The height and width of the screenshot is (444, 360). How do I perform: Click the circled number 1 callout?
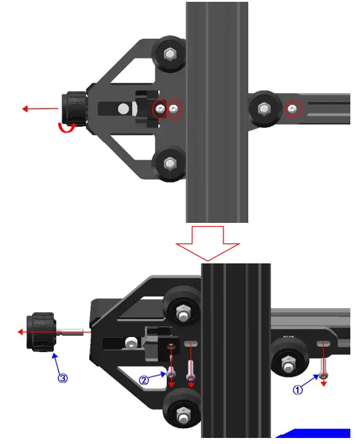click(x=297, y=390)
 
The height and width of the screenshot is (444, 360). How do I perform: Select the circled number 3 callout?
click(x=62, y=378)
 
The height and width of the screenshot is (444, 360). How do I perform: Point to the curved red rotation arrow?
click(x=66, y=126)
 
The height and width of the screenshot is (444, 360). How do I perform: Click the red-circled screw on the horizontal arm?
click(x=293, y=109)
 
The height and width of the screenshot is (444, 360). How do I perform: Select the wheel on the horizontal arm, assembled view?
click(x=264, y=109)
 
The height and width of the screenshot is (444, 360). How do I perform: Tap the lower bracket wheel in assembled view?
click(x=169, y=163)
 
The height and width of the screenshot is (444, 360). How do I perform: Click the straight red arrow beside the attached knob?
click(x=40, y=109)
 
